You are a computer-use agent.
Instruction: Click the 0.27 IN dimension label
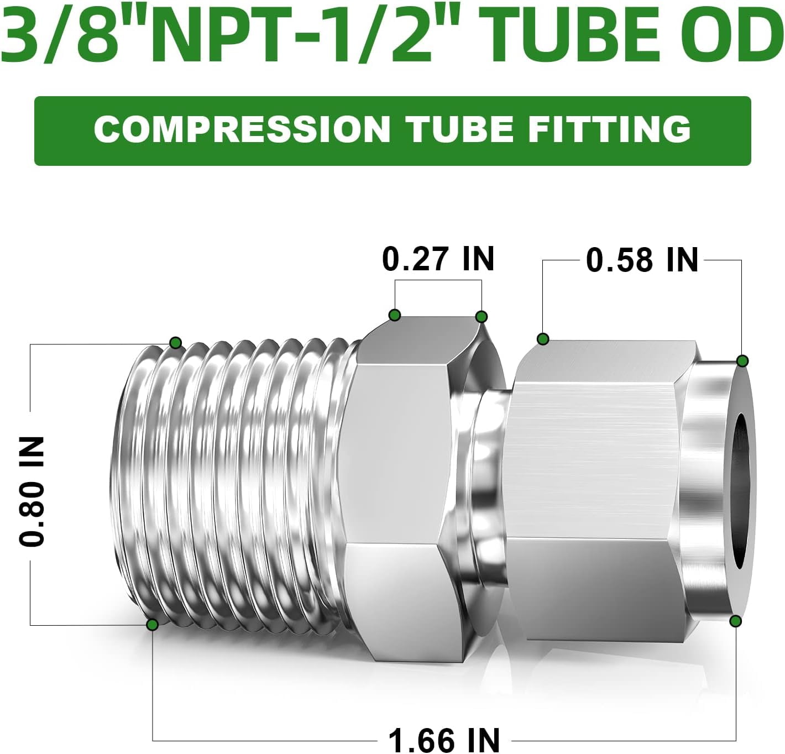pos(438,259)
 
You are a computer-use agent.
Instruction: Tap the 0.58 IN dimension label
pos(642,260)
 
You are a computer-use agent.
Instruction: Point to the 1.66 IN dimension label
pos(444,740)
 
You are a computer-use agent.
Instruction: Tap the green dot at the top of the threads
pos(175,343)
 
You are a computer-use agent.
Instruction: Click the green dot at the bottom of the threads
pos(152,625)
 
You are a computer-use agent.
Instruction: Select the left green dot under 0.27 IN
pos(394,315)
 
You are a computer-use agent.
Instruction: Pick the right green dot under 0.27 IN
pos(481,317)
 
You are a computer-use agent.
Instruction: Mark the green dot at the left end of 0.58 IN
pos(543,339)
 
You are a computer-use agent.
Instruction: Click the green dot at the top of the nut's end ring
pos(742,361)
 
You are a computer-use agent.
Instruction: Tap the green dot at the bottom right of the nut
pos(735,621)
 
